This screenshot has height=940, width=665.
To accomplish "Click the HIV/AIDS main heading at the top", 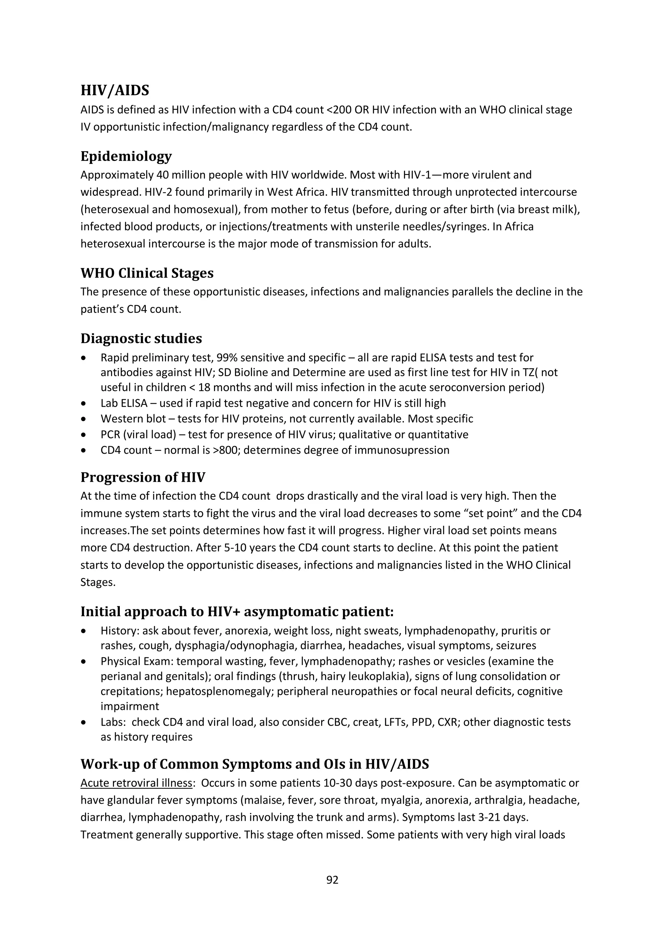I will (115, 91).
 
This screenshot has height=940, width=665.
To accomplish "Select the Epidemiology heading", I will (126, 156).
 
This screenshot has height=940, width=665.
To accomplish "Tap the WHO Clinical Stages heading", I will (147, 273).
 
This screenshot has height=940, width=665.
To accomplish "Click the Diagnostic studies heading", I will (141, 339).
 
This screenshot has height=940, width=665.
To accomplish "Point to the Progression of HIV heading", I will (143, 477).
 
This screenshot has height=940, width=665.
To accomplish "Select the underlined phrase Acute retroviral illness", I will (136, 783).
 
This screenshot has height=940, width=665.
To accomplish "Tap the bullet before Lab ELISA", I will (84, 404).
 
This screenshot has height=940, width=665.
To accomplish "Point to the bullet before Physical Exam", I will (84, 662).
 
